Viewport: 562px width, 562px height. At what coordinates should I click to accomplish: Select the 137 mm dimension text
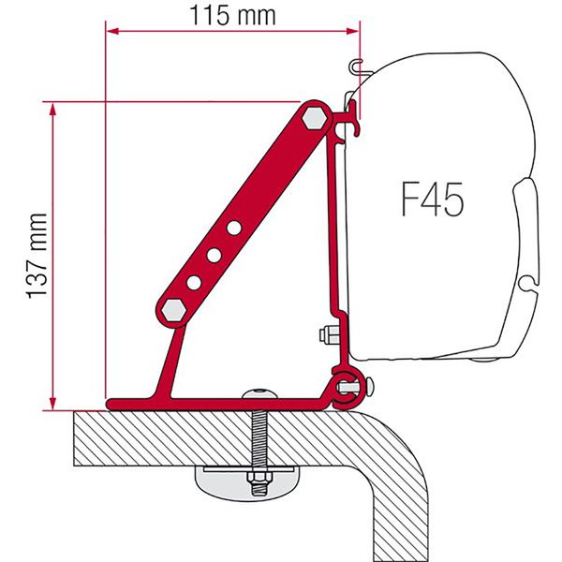pos(37,253)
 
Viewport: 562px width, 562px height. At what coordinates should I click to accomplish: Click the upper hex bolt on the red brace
pos(315,118)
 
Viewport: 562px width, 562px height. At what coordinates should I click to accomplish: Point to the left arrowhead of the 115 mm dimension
pos(112,31)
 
